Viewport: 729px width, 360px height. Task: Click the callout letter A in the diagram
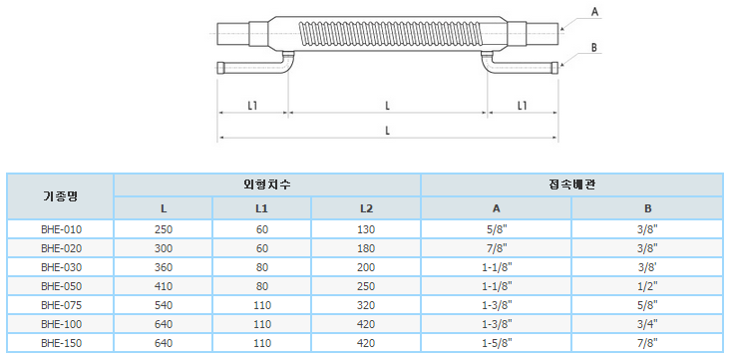pyautogui.click(x=594, y=13)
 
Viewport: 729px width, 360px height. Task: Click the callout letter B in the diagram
pyautogui.click(x=594, y=47)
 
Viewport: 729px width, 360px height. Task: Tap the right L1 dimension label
pyautogui.click(x=523, y=106)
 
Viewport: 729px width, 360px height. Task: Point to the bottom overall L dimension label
pyautogui.click(x=387, y=131)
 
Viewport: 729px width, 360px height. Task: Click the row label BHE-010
pyautogui.click(x=62, y=228)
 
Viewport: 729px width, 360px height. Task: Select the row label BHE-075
pyautogui.click(x=62, y=305)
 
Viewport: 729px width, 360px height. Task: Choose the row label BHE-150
pyautogui.click(x=62, y=343)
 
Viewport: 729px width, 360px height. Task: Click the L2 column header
pyautogui.click(x=366, y=208)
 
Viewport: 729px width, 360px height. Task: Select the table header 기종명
pyautogui.click(x=60, y=196)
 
